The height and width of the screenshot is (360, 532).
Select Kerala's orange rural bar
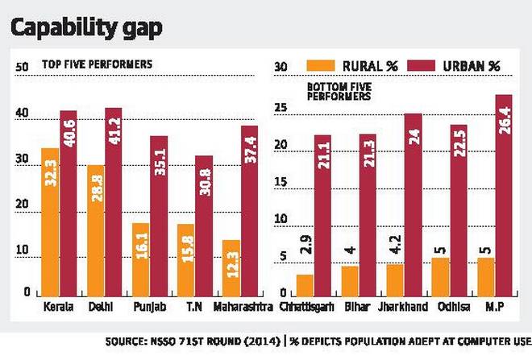click(x=50, y=221)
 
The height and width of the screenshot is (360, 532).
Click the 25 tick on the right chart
click(x=281, y=107)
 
